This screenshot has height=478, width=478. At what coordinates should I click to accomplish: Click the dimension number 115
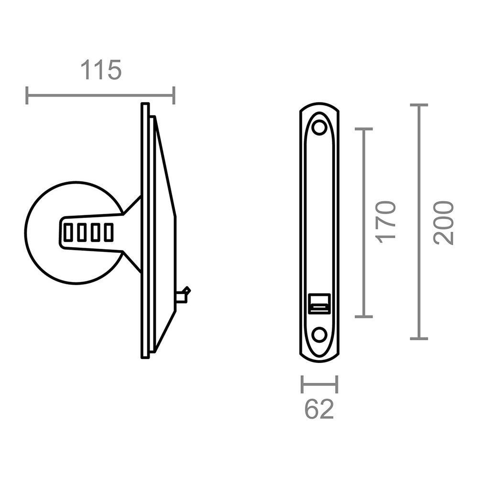click(x=101, y=70)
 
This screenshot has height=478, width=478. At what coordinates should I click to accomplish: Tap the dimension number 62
click(x=319, y=410)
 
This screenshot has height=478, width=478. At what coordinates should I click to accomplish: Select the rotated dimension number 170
click(x=386, y=222)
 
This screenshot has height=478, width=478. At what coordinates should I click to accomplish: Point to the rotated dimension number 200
click(x=443, y=223)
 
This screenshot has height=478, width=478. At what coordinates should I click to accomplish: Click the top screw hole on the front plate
click(x=319, y=128)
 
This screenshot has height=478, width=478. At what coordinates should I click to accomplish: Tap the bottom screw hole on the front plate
click(x=319, y=334)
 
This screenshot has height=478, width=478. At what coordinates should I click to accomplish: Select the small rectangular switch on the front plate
click(x=319, y=304)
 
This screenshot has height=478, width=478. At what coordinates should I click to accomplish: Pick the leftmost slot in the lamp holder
click(x=69, y=233)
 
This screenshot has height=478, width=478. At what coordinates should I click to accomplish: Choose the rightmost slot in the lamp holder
click(x=109, y=233)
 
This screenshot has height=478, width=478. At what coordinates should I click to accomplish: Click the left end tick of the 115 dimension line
click(x=27, y=95)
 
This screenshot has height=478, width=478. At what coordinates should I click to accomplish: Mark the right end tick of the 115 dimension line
click(x=174, y=95)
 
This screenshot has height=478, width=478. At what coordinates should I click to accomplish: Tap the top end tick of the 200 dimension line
click(x=419, y=105)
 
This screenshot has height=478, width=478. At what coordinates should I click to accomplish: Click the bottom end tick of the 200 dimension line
click(x=419, y=338)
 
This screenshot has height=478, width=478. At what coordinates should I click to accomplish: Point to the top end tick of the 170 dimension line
click(x=364, y=129)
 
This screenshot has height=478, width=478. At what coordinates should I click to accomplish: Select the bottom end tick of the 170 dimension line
click(x=364, y=316)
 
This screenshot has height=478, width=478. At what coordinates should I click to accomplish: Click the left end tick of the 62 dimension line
click(x=302, y=384)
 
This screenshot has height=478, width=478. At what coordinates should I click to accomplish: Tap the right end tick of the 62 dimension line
click(x=337, y=384)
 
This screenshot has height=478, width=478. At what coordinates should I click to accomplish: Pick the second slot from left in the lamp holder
click(x=82, y=233)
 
